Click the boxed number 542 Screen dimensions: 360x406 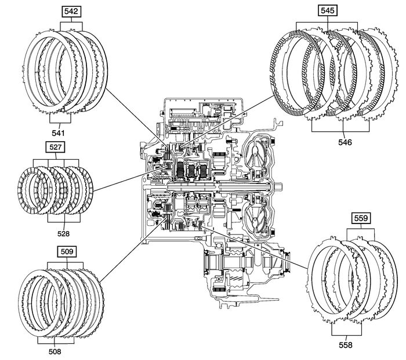point(72,10)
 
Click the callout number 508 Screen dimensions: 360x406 point(55,351)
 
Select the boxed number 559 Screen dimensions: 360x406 point(359,219)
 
